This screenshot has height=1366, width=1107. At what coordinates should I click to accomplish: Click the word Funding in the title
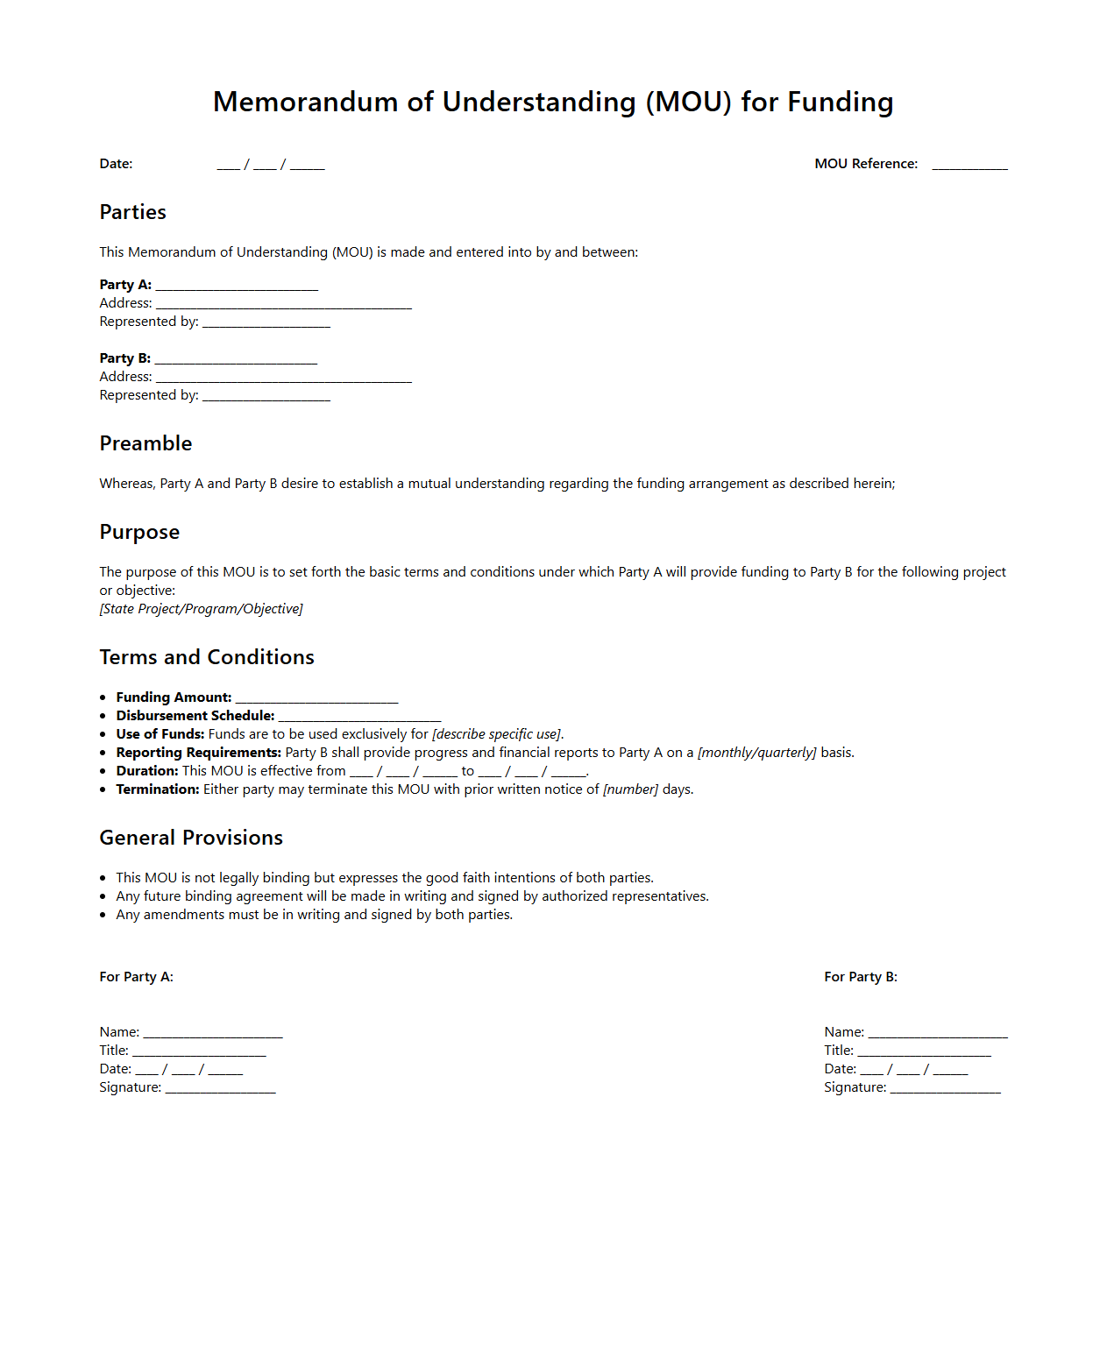(x=840, y=103)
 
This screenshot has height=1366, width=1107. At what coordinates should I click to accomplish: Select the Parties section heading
(x=132, y=212)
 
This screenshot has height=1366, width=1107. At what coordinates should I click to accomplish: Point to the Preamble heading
(x=145, y=443)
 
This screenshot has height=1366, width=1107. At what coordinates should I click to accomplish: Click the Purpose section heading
(x=139, y=532)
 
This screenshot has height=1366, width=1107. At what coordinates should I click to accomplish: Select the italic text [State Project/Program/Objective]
(x=201, y=609)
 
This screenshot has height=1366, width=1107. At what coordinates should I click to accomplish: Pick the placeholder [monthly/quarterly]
(x=756, y=753)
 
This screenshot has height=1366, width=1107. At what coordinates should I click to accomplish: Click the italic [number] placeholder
(x=630, y=789)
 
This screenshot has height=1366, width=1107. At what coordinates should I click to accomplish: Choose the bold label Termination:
(x=158, y=789)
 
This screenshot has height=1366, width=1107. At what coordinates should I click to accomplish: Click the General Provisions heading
(x=191, y=838)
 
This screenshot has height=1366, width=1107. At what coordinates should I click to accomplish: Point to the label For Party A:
(x=136, y=977)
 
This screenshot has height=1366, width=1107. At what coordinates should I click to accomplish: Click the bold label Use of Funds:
(x=160, y=734)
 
